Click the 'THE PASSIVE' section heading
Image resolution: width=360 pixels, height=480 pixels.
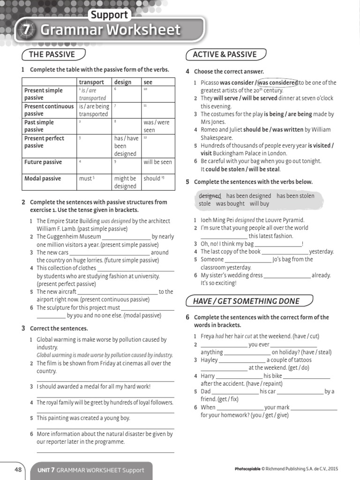point(52,54)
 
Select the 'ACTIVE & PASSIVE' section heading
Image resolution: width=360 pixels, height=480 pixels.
point(225,54)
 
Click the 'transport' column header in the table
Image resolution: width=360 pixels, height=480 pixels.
point(91,82)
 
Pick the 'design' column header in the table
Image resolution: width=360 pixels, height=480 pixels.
point(123,82)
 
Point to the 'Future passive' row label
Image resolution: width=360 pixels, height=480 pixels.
point(43,162)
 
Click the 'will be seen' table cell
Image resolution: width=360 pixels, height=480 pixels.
point(157,162)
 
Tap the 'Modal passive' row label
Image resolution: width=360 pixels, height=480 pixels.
point(43,178)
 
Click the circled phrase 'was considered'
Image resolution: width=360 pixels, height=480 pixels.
point(277,82)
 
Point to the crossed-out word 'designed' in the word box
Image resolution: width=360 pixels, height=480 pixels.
point(210,196)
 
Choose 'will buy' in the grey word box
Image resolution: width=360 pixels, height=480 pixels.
point(259,204)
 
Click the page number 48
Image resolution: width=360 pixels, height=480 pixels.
point(18,470)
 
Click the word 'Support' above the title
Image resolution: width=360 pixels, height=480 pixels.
point(109,15)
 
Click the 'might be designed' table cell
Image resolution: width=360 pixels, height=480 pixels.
point(125,182)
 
